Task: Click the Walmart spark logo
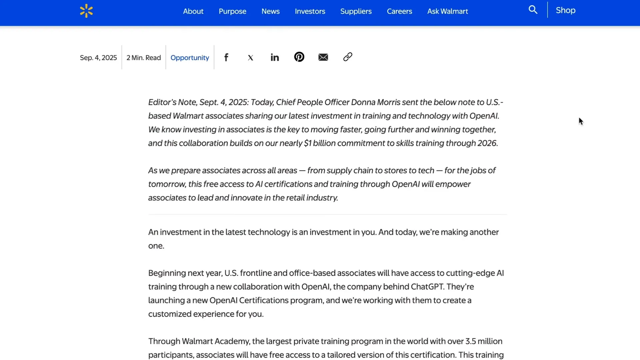coord(86,11)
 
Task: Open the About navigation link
coord(193,11)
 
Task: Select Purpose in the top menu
coord(232,11)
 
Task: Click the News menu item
coord(270,11)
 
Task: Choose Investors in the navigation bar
coord(310,11)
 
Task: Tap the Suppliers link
coord(356,11)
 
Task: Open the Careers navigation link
coord(399,11)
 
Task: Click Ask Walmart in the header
coord(447,11)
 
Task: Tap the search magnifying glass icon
coord(533,10)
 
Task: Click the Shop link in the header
coord(565,10)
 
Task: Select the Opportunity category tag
coord(190,58)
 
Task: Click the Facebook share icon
coord(226,57)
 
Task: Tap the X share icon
coord(251,58)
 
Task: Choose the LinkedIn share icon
coord(275,57)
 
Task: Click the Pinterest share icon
coord(299,57)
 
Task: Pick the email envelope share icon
coord(323,57)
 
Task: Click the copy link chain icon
coord(348,57)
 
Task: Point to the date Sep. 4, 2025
coord(98,58)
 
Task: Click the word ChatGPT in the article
coord(427,287)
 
